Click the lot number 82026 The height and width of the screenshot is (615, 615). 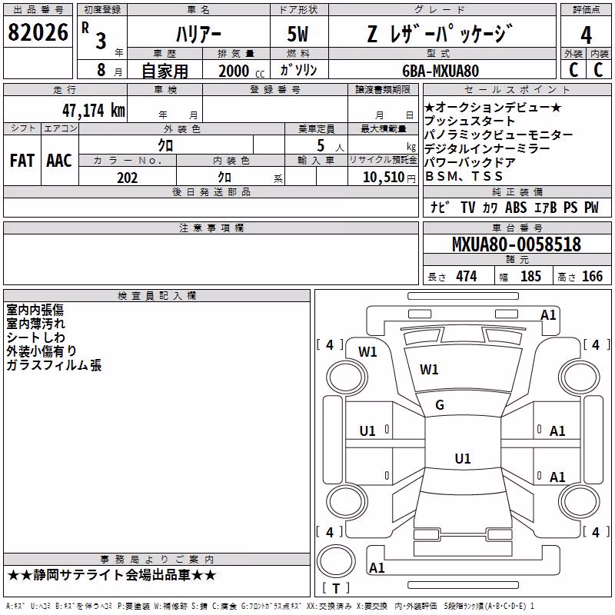coord(38,32)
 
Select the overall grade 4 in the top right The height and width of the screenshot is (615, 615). coord(586,35)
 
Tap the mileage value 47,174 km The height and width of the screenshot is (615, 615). coord(94,111)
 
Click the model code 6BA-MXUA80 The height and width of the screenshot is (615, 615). coord(440,71)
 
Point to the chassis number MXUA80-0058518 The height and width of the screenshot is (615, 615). coord(517,244)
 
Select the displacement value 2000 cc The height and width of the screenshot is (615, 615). coord(241,71)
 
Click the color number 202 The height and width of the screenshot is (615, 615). coord(128,178)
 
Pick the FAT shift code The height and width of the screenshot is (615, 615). coord(22,161)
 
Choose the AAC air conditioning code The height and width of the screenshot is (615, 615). coord(59,161)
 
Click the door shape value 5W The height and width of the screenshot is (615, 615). coord(298,34)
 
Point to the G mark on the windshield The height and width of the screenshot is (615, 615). coord(440,405)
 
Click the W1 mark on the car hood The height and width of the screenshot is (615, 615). coord(429,370)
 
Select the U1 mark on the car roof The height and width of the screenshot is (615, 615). coord(463,458)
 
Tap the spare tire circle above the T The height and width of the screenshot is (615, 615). coord(336,561)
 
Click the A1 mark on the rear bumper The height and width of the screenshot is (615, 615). coord(377,568)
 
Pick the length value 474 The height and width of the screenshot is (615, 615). coord(467,277)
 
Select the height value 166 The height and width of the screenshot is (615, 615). coord(592,277)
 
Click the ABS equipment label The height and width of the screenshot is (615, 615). coord(516,208)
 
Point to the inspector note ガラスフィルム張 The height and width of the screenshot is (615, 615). coord(54,365)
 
